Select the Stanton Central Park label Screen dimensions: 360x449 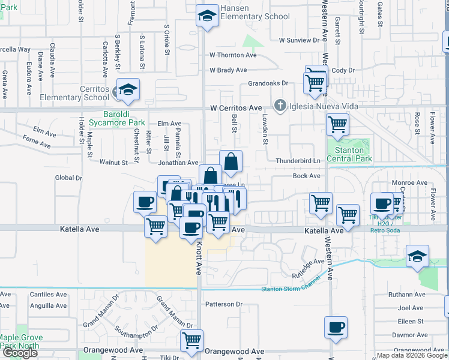click(x=349, y=154)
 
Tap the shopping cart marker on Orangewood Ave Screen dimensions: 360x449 click(x=191, y=341)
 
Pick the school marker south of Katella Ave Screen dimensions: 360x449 click(x=417, y=256)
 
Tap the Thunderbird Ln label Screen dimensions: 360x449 click(x=298, y=161)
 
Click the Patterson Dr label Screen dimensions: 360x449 click(x=223, y=304)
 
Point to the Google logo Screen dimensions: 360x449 click(x=19, y=353)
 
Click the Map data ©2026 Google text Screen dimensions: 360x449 click(x=411, y=355)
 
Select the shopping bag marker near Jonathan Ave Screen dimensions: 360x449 click(x=231, y=161)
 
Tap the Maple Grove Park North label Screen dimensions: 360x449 click(x=20, y=341)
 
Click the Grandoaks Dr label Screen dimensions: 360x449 click(x=268, y=83)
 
